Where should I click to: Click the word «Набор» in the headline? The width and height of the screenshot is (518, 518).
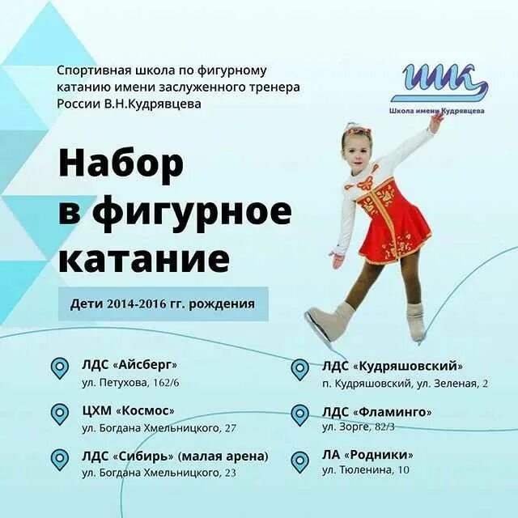pos(121,165)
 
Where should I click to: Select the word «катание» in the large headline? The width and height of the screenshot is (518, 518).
pos(143,259)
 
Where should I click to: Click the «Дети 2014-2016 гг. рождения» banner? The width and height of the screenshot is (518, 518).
pos(163,304)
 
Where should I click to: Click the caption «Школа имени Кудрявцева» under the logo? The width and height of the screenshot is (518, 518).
pos(437,111)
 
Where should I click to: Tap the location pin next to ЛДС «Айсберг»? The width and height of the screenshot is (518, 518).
pos(59,368)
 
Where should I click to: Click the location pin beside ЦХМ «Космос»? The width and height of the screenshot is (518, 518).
pos(59,414)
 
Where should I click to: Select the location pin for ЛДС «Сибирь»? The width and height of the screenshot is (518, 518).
pos(59,460)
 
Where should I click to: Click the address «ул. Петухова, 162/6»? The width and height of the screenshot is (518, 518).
pos(130,380)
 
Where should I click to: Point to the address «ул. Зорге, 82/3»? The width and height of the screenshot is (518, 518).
pos(359,426)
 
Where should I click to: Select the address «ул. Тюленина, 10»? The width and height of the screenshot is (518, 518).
pos(366,469)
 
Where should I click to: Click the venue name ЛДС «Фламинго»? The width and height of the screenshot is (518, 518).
pos(376,411)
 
